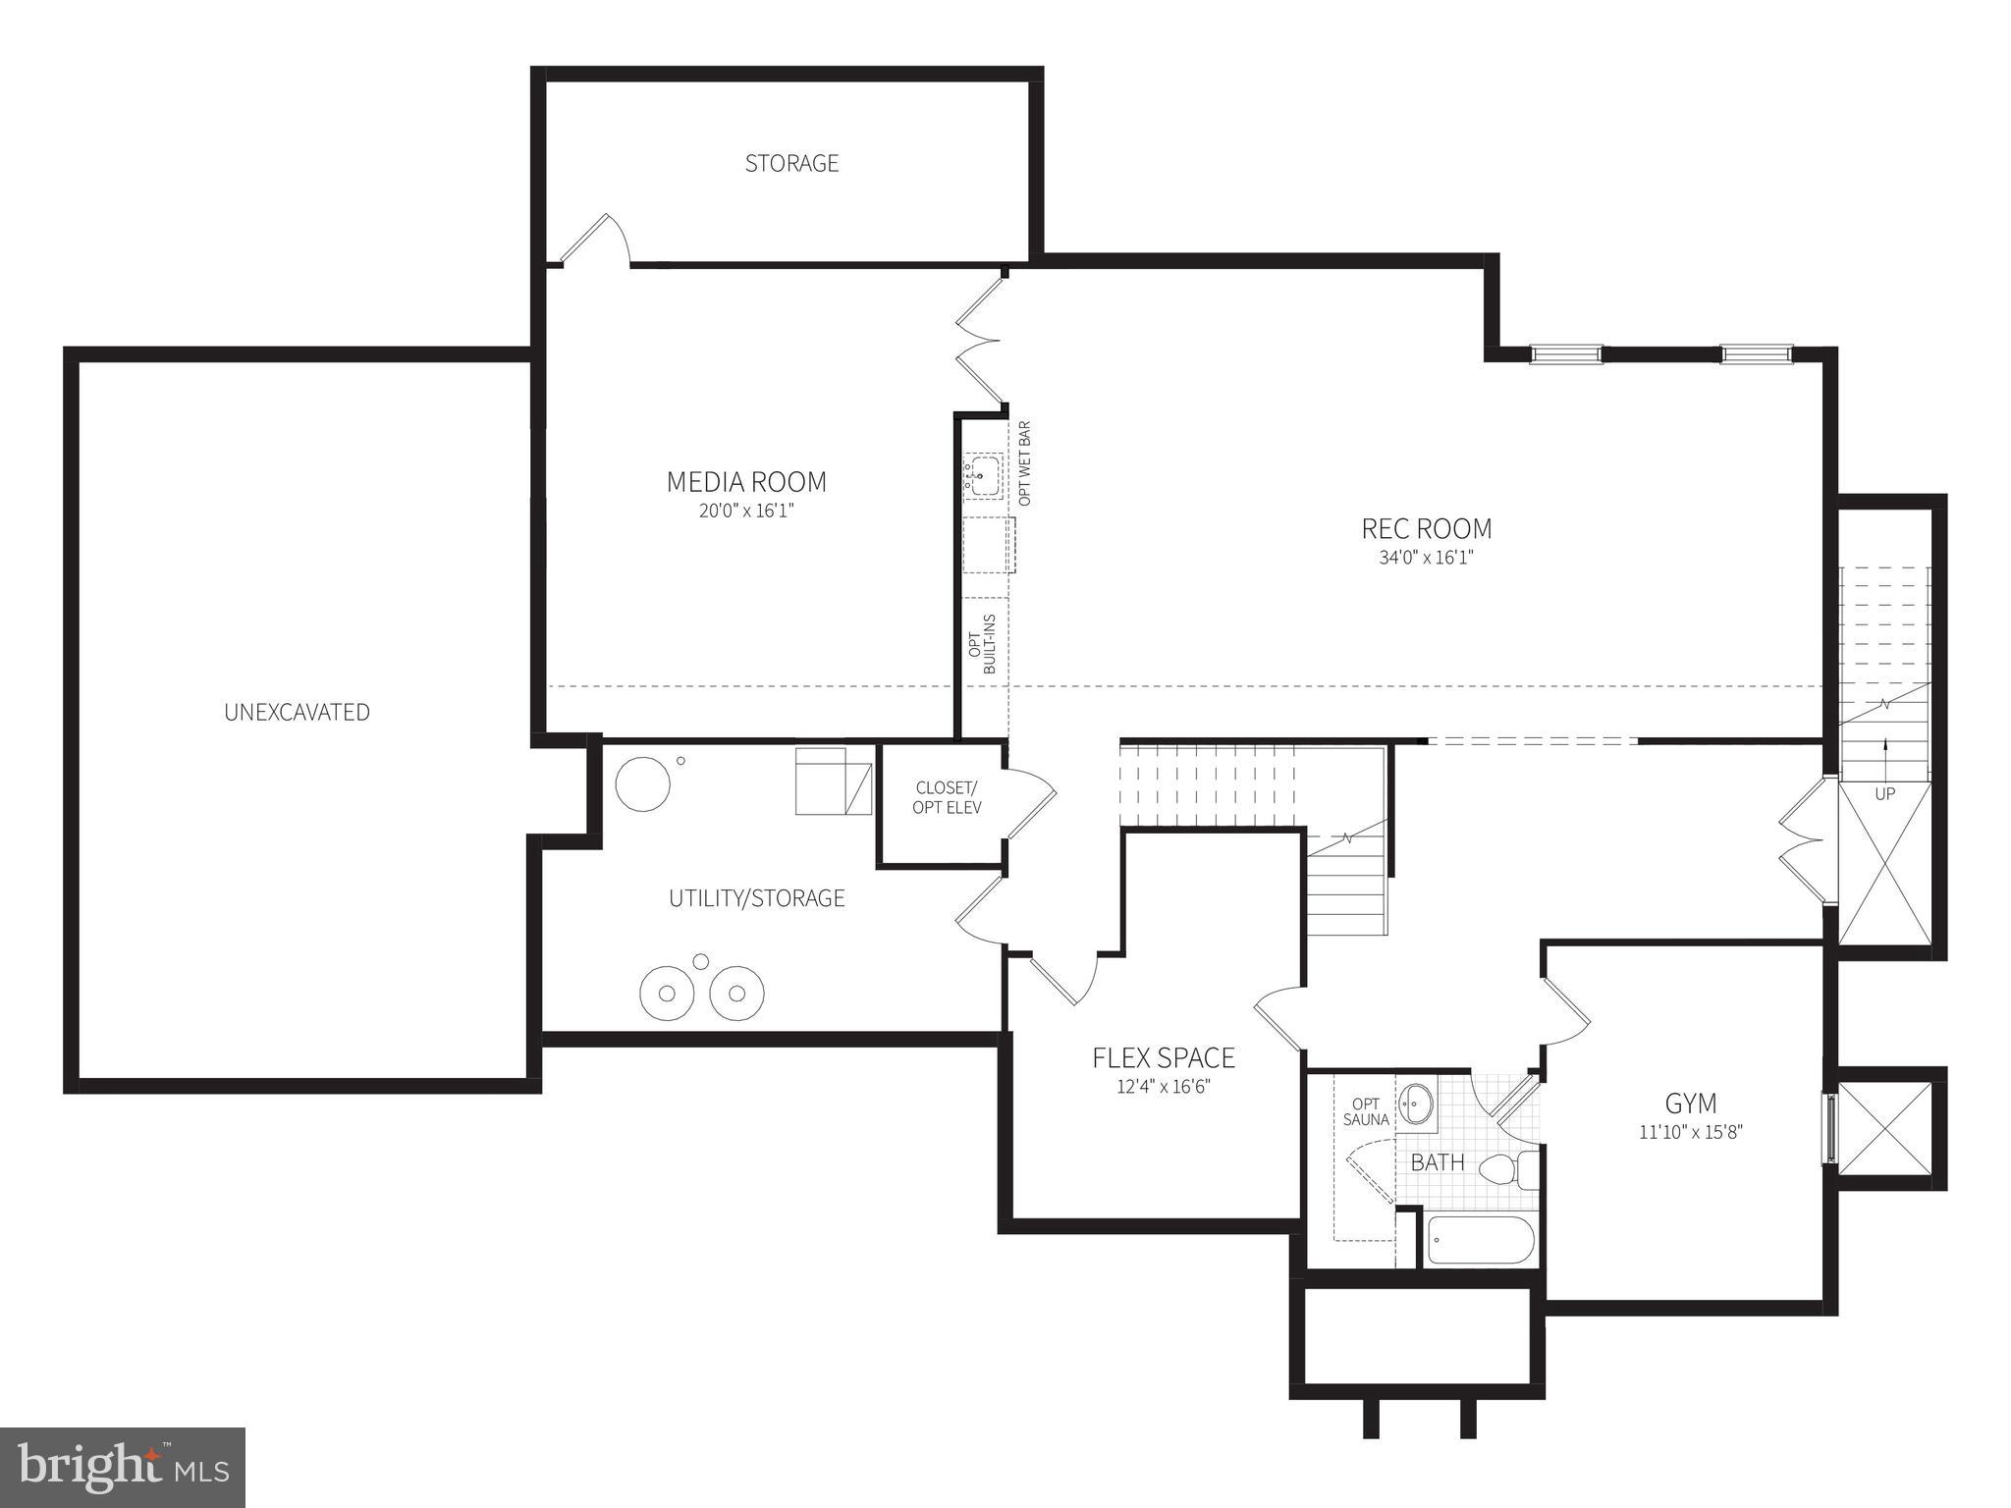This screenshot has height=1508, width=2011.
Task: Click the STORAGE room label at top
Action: pyautogui.click(x=791, y=163)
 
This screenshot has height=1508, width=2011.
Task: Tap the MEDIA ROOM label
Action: pyautogui.click(x=746, y=482)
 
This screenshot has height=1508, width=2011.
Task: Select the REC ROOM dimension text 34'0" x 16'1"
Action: pyautogui.click(x=1426, y=558)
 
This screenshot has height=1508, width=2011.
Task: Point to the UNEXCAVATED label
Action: pyautogui.click(x=297, y=713)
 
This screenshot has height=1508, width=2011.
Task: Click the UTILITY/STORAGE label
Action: pyautogui.click(x=756, y=898)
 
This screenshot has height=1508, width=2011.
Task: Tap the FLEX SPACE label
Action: pyautogui.click(x=1164, y=1057)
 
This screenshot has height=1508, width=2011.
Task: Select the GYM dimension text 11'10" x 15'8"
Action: pyautogui.click(x=1690, y=1131)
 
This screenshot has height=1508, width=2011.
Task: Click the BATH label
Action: pyautogui.click(x=1438, y=1162)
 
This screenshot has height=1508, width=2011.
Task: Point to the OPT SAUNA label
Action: pyautogui.click(x=1365, y=1111)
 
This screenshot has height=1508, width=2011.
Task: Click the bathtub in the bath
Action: pyautogui.click(x=1480, y=1241)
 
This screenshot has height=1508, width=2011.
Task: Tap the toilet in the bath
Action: pyautogui.click(x=1507, y=1169)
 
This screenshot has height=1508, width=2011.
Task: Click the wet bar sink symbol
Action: pyautogui.click(x=982, y=477)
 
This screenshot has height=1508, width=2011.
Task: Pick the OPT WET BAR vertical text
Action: pyautogui.click(x=1025, y=463)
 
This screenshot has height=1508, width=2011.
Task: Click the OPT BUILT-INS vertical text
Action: pyautogui.click(x=982, y=644)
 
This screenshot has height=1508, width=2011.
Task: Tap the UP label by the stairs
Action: pyautogui.click(x=1884, y=793)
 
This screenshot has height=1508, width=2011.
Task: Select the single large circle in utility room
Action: pyautogui.click(x=642, y=783)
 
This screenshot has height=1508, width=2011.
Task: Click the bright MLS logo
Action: pyautogui.click(x=123, y=1467)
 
